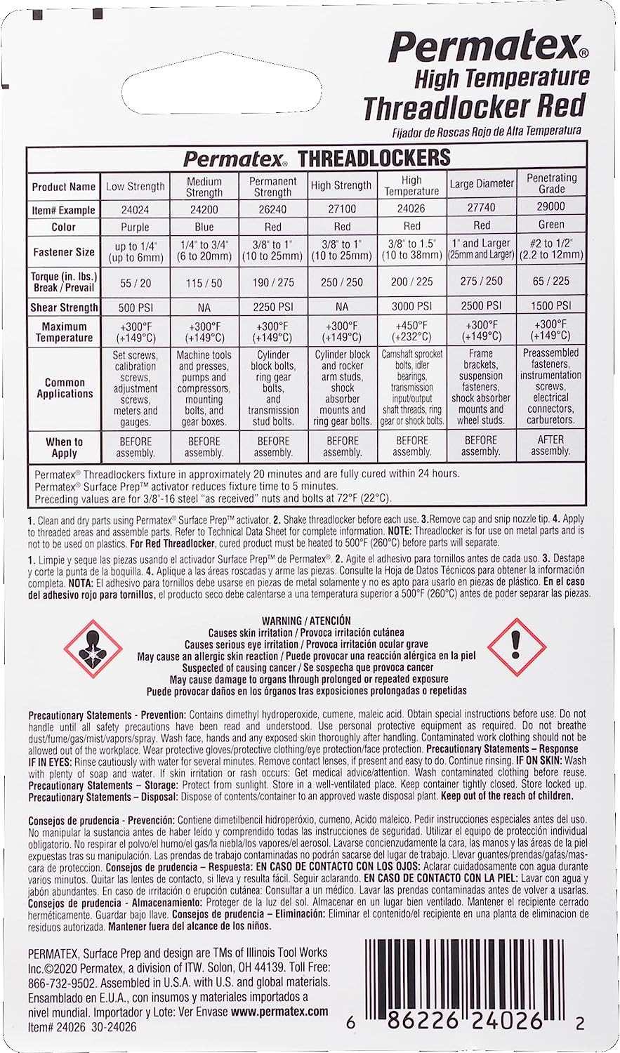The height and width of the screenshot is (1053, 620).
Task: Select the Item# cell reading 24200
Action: (204, 210)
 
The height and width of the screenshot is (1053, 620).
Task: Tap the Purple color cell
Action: (135, 227)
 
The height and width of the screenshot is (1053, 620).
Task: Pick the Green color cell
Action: (551, 225)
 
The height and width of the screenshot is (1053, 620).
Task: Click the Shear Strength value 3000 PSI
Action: (412, 306)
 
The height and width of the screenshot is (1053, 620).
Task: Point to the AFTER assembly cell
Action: (551, 446)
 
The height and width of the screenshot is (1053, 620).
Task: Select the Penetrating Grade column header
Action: (551, 183)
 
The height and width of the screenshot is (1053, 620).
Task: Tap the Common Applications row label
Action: (65, 388)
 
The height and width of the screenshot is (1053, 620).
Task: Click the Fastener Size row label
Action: (64, 251)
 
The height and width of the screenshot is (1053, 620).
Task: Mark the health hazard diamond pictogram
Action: (93, 649)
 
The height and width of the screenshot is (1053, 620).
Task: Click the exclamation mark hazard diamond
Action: (517, 647)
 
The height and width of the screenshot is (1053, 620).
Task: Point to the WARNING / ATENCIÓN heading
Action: (306, 621)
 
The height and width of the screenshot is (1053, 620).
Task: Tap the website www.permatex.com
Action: (279, 1012)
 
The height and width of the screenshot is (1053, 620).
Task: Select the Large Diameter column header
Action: (482, 185)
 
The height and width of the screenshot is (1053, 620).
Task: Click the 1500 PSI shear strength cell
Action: (551, 305)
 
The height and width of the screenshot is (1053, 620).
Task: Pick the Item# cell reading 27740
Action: (482, 208)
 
